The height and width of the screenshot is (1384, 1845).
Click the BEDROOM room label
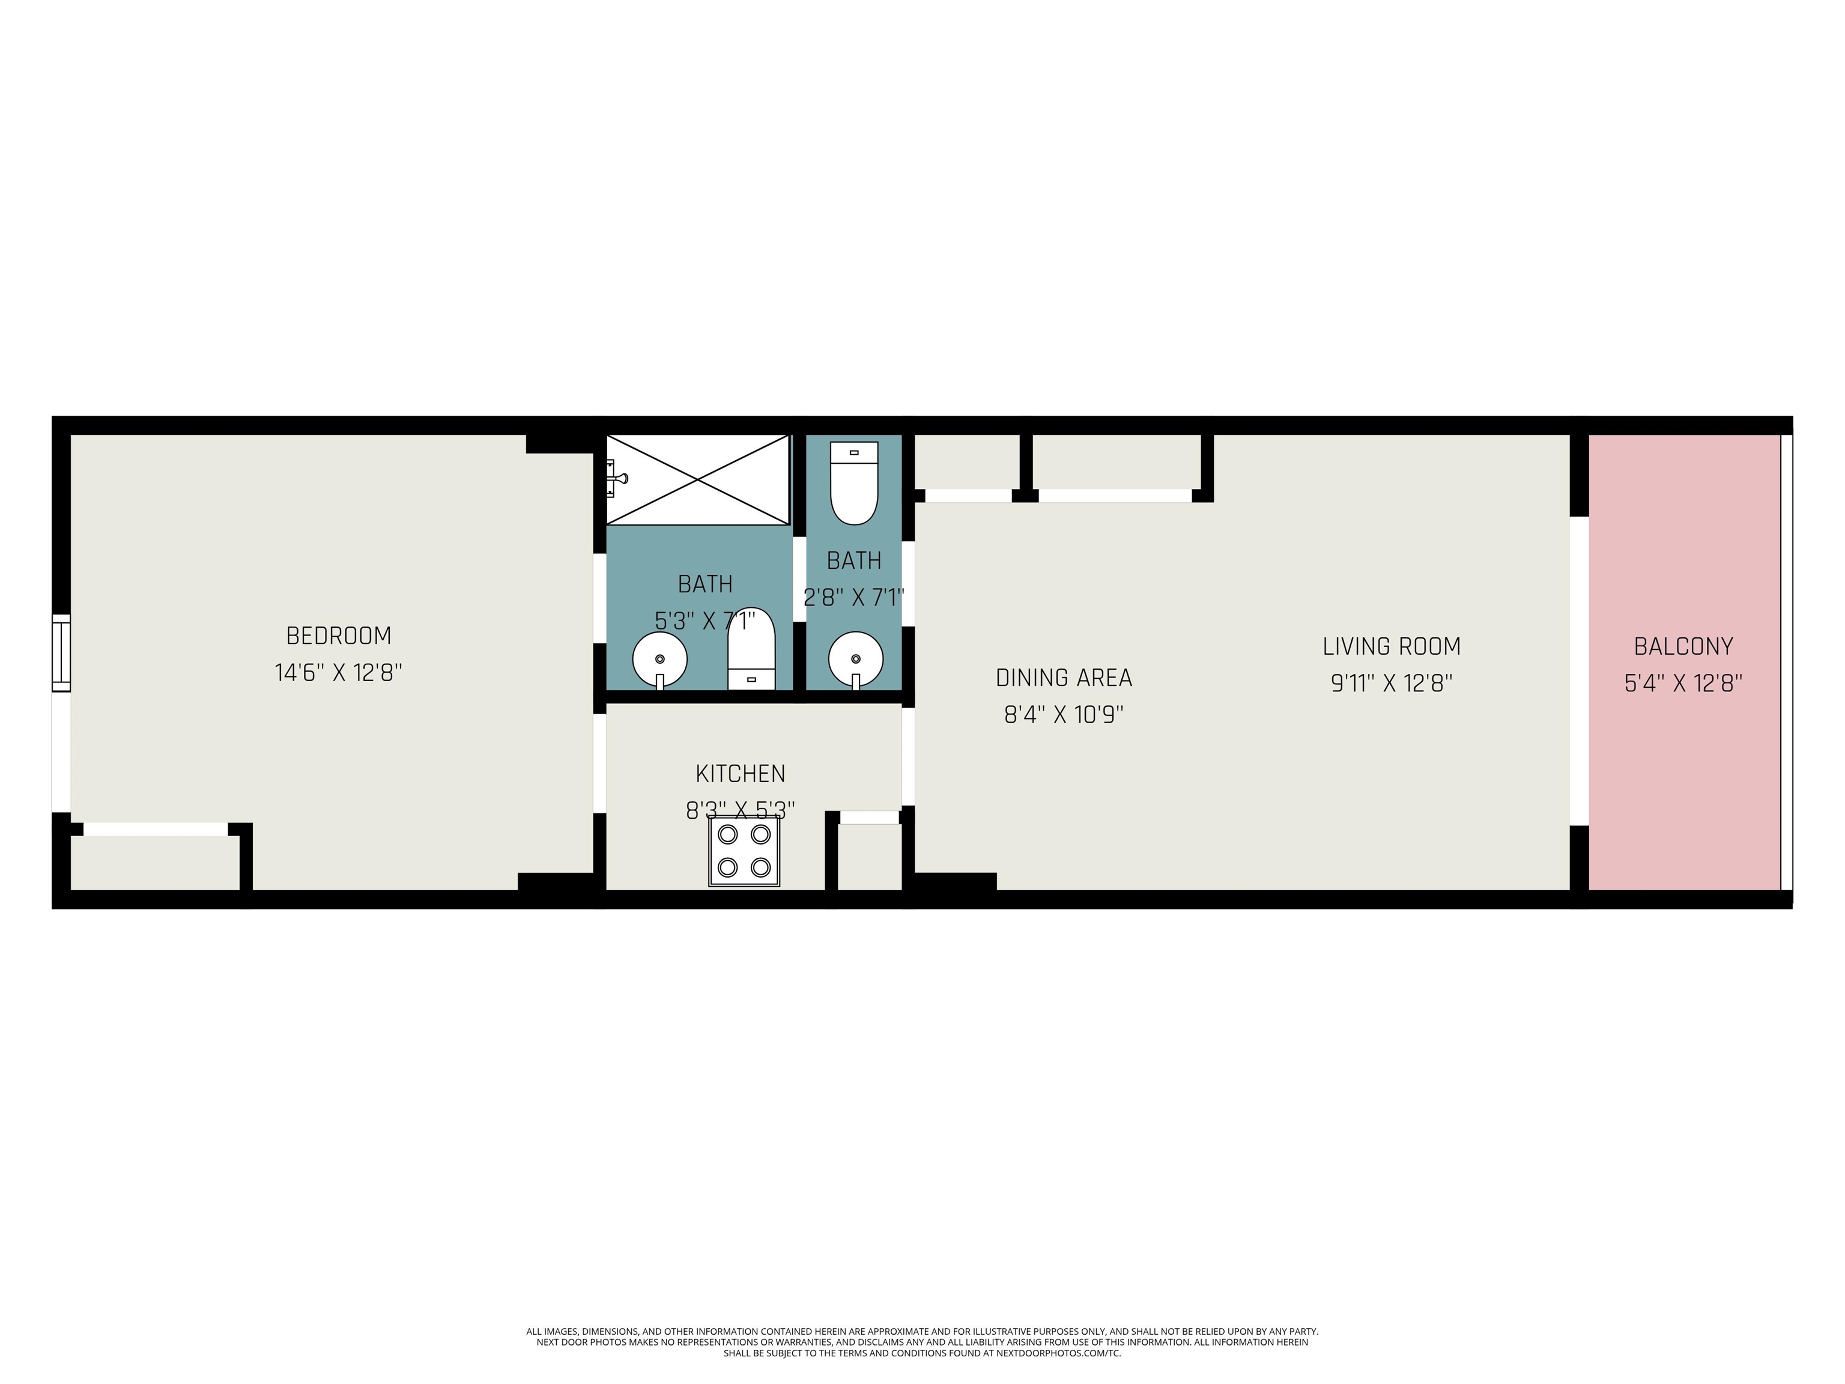[339, 636]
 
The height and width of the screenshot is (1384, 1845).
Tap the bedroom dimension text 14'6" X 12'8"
[339, 672]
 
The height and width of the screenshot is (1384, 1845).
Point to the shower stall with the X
[697, 480]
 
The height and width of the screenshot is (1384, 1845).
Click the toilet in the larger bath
[751, 649]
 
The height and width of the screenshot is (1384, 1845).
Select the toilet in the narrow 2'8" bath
[854, 483]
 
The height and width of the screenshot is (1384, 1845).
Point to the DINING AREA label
[1064, 678]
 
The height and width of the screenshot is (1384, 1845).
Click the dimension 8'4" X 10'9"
[1064, 715]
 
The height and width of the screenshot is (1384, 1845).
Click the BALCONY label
[1683, 646]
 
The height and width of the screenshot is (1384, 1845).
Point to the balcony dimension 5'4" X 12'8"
[1683, 683]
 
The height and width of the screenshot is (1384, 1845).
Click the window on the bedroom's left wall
[61, 653]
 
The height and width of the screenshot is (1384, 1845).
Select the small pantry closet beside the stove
[869, 857]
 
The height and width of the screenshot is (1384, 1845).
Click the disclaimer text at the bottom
[922, 1343]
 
